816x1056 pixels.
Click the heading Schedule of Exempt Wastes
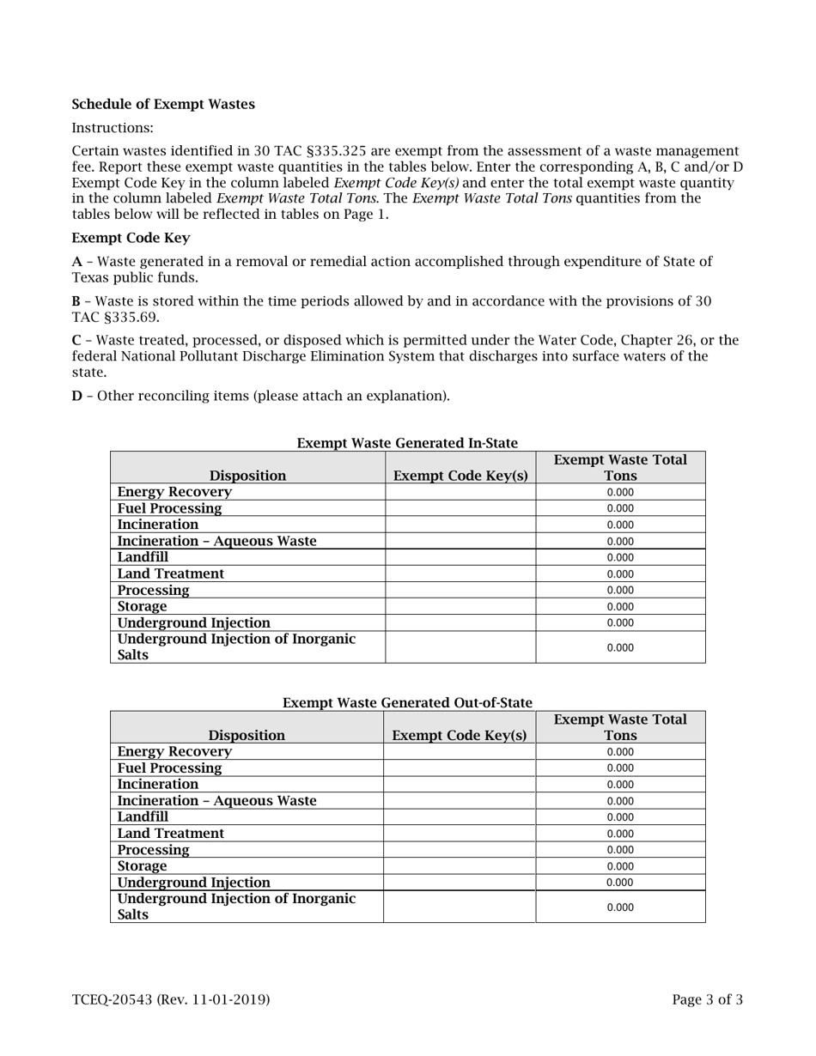[x=163, y=105]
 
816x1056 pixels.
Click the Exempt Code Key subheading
[x=131, y=238]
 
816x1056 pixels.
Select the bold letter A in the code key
[x=76, y=262]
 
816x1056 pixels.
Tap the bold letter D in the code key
[x=76, y=396]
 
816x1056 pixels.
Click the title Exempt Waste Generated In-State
[x=407, y=443]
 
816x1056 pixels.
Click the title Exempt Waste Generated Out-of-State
[x=407, y=703]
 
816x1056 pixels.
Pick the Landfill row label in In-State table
[x=143, y=557]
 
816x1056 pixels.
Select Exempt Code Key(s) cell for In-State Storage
[x=460, y=606]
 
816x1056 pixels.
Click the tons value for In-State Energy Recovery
[x=620, y=492]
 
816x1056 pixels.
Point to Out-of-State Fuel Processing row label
[x=169, y=768]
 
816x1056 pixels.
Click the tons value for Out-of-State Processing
[x=620, y=850]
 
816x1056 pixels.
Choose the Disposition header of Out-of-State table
[x=247, y=736]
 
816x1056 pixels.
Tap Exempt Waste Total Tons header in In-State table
[x=620, y=467]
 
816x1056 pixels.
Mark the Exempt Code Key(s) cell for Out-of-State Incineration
[x=460, y=785]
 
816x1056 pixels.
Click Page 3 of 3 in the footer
[x=707, y=999]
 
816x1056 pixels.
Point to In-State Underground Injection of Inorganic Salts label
[x=236, y=647]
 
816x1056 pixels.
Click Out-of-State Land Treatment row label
[x=170, y=834]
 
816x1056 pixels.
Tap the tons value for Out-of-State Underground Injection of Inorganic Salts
[x=620, y=907]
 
